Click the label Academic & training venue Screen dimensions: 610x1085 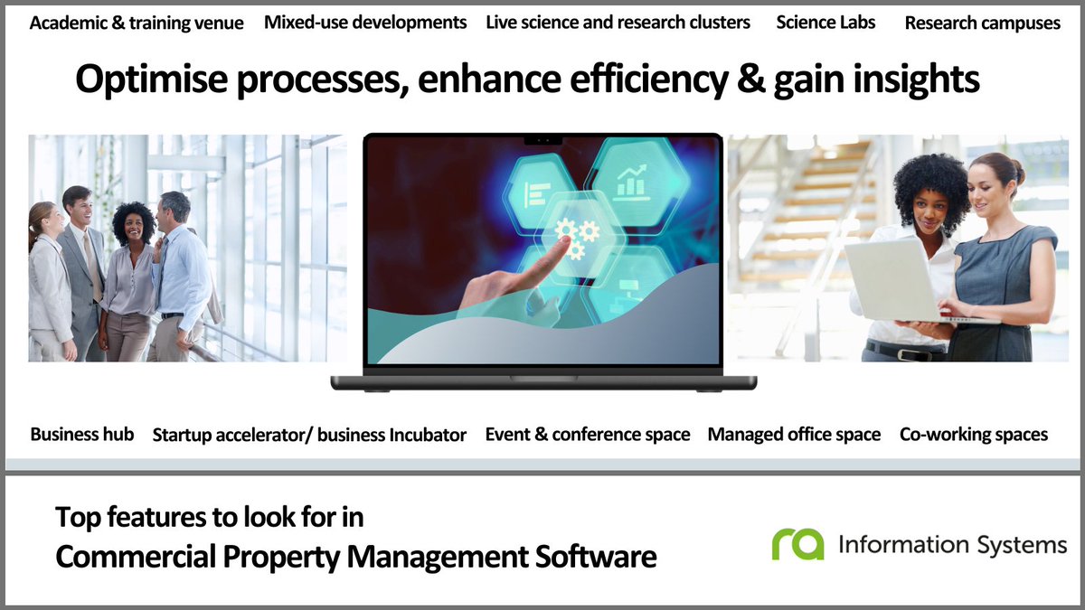coord(137,23)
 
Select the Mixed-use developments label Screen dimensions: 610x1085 coord(365,22)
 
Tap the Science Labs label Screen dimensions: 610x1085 coord(826,22)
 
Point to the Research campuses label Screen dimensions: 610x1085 coord(982,23)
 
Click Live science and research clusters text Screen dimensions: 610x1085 coord(618,22)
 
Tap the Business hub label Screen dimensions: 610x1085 coord(82,434)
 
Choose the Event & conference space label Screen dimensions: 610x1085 coord(588,435)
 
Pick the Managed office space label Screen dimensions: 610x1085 coord(794,435)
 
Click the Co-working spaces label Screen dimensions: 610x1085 coord(974,435)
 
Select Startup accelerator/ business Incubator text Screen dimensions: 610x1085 coord(309,435)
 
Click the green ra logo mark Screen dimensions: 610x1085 coord(797,544)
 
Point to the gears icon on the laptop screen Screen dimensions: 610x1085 coord(576,238)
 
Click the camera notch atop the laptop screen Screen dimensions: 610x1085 coord(542,140)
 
